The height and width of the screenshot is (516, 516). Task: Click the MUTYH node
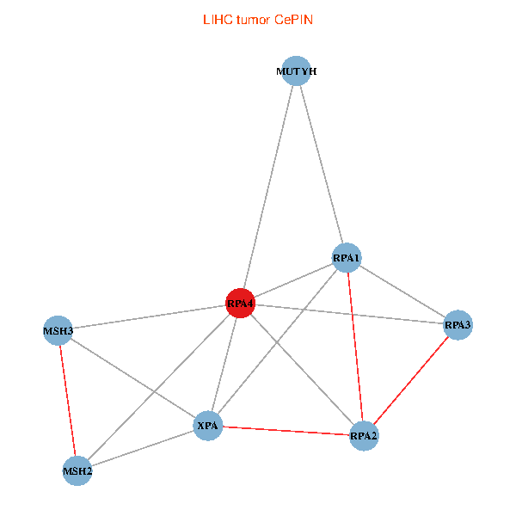pos(296,71)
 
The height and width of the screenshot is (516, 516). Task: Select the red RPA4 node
pos(240,304)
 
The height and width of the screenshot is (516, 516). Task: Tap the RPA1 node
pos(347,258)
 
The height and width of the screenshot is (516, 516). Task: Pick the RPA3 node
pos(458,325)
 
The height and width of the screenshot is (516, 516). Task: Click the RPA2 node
pos(364,436)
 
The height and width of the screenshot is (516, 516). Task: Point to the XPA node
pos(208,426)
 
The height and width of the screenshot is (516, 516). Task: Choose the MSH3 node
pos(58,330)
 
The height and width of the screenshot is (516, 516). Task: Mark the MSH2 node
pos(77,470)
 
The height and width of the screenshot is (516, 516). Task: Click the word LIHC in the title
pos(215,19)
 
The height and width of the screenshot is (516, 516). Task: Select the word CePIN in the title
pos(293,19)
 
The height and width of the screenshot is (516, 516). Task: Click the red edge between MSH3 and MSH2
pos(68,400)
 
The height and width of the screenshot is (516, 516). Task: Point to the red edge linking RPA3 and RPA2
pos(411,380)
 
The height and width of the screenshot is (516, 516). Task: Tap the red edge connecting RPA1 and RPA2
pos(355,347)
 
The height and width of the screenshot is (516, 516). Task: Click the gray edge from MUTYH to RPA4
pos(268,187)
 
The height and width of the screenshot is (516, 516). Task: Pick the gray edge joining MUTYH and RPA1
pos(321,164)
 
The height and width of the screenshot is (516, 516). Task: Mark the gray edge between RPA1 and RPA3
pos(402,292)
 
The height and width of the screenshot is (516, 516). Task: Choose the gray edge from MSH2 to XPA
pos(143,448)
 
